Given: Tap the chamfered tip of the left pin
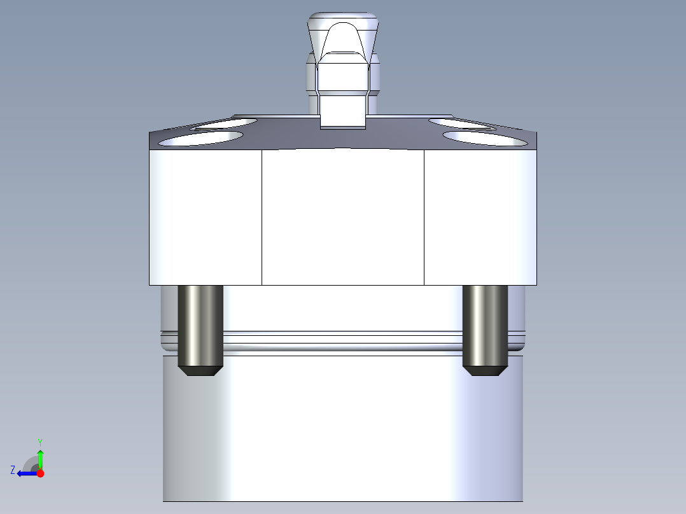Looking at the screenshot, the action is [200, 371].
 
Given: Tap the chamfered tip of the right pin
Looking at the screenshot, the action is [485, 371].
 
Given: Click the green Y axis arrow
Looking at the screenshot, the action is [40, 459].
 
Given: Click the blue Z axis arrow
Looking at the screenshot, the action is [27, 473].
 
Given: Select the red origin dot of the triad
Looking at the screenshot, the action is [40, 473].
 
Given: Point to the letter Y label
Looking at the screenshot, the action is [40, 442].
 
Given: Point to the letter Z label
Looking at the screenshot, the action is [13, 470].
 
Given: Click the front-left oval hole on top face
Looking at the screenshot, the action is [200, 139].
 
